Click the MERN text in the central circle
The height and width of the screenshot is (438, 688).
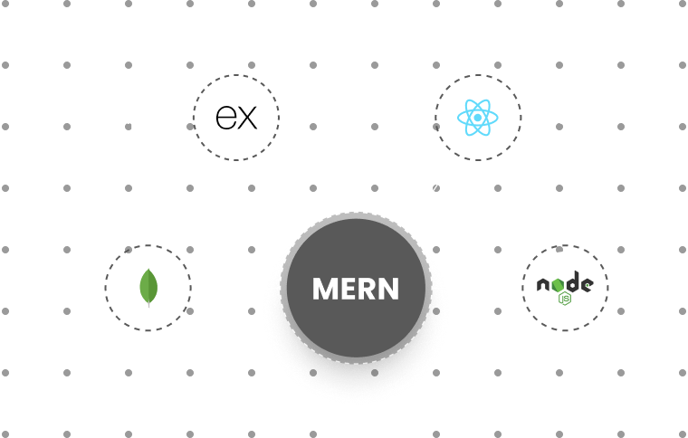[355, 289]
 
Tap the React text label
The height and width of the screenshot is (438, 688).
[560, 118]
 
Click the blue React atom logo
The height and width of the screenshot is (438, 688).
[478, 118]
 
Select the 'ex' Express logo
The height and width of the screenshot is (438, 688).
[237, 118]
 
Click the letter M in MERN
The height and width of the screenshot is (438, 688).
[325, 289]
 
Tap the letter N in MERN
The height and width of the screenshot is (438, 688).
[387, 289]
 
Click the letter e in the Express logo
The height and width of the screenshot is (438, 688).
[225, 118]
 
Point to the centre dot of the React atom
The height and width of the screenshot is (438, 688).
[478, 118]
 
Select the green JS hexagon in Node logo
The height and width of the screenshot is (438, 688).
[565, 298]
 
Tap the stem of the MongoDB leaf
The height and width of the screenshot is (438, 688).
[148, 304]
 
